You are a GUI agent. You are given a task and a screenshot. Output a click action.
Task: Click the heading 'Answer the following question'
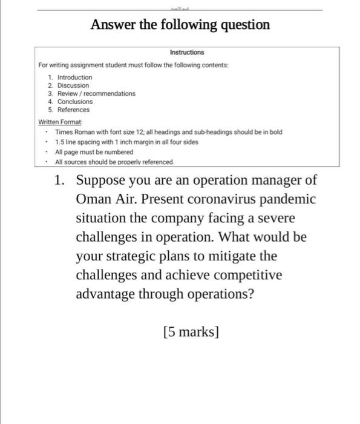[180, 25]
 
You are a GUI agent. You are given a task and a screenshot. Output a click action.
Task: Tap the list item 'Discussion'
[73, 85]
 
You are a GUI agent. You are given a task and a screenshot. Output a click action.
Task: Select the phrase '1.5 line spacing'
[79, 141]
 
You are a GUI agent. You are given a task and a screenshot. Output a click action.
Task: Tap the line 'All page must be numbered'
[94, 152]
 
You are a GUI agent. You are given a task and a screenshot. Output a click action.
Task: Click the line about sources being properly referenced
[114, 162]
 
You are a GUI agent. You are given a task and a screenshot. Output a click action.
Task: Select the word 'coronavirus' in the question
[208, 199]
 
